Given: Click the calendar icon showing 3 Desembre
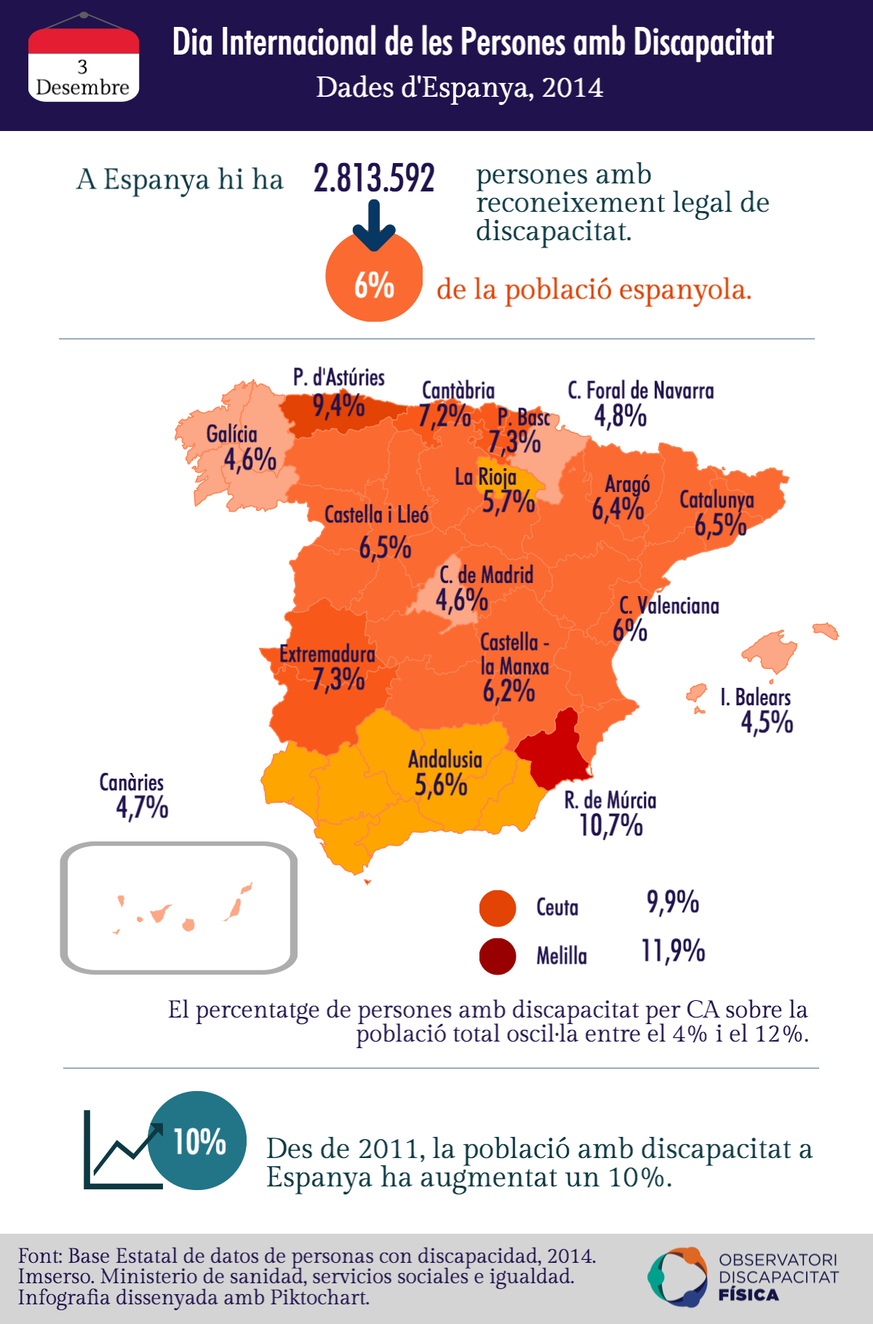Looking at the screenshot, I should tap(83, 64).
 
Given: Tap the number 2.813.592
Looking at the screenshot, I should tap(374, 178).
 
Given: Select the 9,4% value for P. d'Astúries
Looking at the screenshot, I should tap(338, 405).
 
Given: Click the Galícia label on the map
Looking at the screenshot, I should tap(231, 435).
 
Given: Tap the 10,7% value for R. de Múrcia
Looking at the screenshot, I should tap(611, 825).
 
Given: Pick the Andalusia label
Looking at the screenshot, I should tap(445, 759).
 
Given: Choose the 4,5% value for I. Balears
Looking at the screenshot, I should tap(767, 722).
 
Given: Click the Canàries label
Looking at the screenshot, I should tap(132, 782).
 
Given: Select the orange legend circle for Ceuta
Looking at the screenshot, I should tap(498, 908).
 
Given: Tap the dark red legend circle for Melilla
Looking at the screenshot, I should tap(498, 956).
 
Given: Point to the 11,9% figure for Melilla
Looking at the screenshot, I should tap(673, 951).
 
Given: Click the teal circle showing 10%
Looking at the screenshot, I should tap(197, 1141).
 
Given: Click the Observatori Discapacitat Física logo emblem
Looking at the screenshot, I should tap(677, 1277).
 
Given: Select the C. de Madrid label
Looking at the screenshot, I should tap(486, 575).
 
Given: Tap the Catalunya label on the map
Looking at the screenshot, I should tap(717, 499).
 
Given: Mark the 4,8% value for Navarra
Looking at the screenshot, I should tap(620, 416).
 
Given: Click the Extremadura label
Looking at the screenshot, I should tap(327, 654).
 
